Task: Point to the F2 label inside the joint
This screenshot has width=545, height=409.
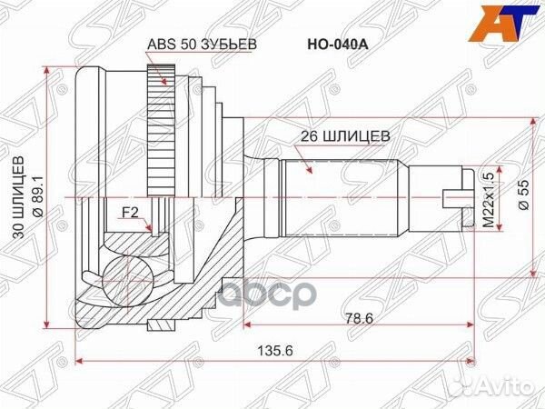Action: (129, 215)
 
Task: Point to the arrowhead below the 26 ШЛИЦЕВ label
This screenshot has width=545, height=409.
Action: (309, 167)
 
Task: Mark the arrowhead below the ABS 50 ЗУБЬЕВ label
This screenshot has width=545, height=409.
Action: (163, 83)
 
